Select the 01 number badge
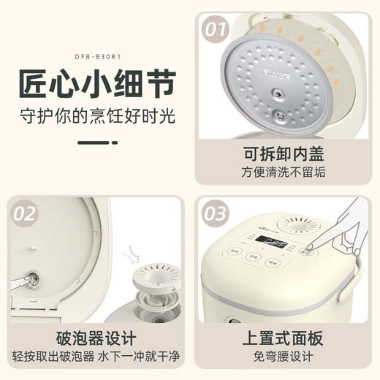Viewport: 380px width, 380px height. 216,31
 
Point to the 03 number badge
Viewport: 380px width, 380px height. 216,214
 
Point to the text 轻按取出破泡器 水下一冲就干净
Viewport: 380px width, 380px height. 94,357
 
